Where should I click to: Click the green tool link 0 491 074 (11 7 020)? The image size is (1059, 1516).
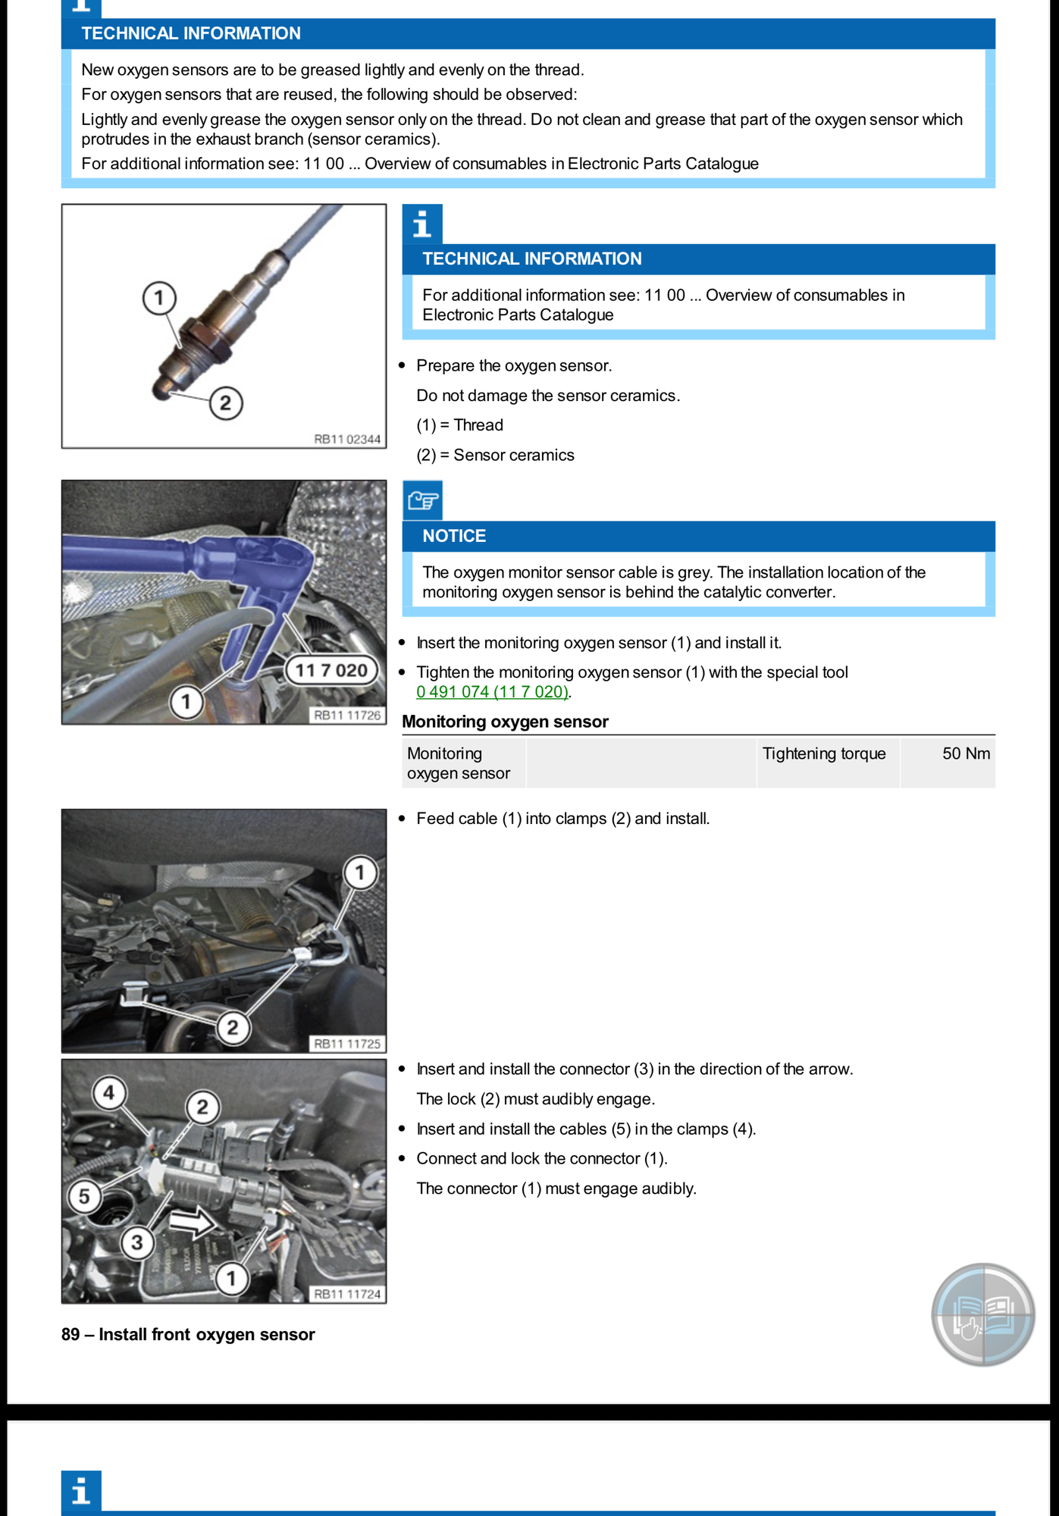(492, 692)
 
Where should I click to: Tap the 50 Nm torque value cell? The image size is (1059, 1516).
(965, 753)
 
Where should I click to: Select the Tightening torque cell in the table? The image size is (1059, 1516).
(824, 753)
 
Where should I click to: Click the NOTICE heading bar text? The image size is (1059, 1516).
(454, 536)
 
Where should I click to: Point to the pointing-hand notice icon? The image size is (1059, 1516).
(422, 500)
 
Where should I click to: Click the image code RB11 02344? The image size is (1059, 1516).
(347, 439)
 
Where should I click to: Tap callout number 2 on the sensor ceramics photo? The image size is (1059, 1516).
(226, 402)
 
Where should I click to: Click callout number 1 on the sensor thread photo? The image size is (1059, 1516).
(159, 298)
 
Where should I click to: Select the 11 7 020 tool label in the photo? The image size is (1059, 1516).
(331, 670)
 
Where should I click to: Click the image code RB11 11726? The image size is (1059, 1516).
(347, 715)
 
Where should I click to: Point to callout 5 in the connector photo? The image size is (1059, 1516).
(84, 1196)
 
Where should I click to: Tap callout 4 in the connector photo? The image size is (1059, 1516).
(109, 1093)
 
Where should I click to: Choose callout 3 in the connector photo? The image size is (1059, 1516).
(136, 1242)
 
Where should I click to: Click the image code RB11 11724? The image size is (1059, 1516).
(347, 1294)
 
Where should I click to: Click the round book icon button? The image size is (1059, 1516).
(982, 1314)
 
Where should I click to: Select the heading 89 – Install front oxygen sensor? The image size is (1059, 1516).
(188, 1334)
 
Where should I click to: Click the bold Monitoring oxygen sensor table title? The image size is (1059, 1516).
(505, 722)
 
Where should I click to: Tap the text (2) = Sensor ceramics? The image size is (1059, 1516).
(495, 455)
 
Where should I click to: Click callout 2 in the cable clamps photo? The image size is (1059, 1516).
(233, 1027)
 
